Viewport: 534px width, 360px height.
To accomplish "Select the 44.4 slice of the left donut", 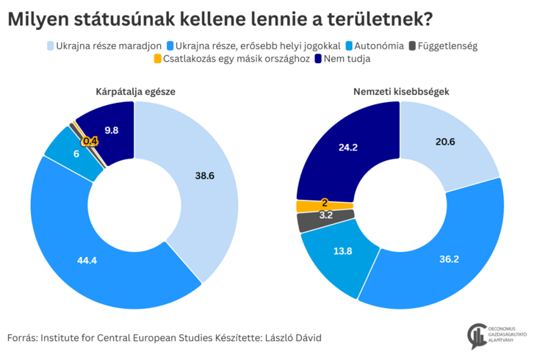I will point(88,259).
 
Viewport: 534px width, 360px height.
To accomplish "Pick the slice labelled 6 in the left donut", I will point(76,154).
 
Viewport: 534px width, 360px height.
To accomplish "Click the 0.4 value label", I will point(90,141).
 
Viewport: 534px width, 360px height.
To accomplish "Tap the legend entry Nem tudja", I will point(345,59).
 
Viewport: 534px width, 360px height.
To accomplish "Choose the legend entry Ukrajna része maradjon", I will point(104,46).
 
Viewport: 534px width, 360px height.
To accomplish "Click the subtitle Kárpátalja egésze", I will point(134,91).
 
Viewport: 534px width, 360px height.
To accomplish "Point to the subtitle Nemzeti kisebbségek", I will point(401,91).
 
